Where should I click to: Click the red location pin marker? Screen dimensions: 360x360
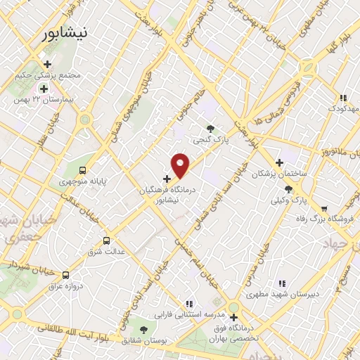click(x=181, y=165)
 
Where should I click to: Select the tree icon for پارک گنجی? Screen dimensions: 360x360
click(x=210, y=127)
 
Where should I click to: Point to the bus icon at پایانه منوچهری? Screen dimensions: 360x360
click(x=84, y=169)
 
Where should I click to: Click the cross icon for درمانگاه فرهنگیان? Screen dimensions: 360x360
click(x=167, y=179)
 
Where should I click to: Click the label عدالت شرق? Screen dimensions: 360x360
click(x=104, y=251)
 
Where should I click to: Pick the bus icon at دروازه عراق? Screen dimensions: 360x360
click(x=65, y=275)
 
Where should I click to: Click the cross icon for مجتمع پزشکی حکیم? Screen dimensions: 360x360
click(x=47, y=64)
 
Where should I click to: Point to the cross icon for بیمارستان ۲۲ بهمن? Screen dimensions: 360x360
click(x=44, y=89)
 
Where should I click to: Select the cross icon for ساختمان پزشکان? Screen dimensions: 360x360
click(x=279, y=162)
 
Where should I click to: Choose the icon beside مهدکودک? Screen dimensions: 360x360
click(x=342, y=98)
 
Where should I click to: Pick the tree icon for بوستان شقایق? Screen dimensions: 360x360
click(x=144, y=329)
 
